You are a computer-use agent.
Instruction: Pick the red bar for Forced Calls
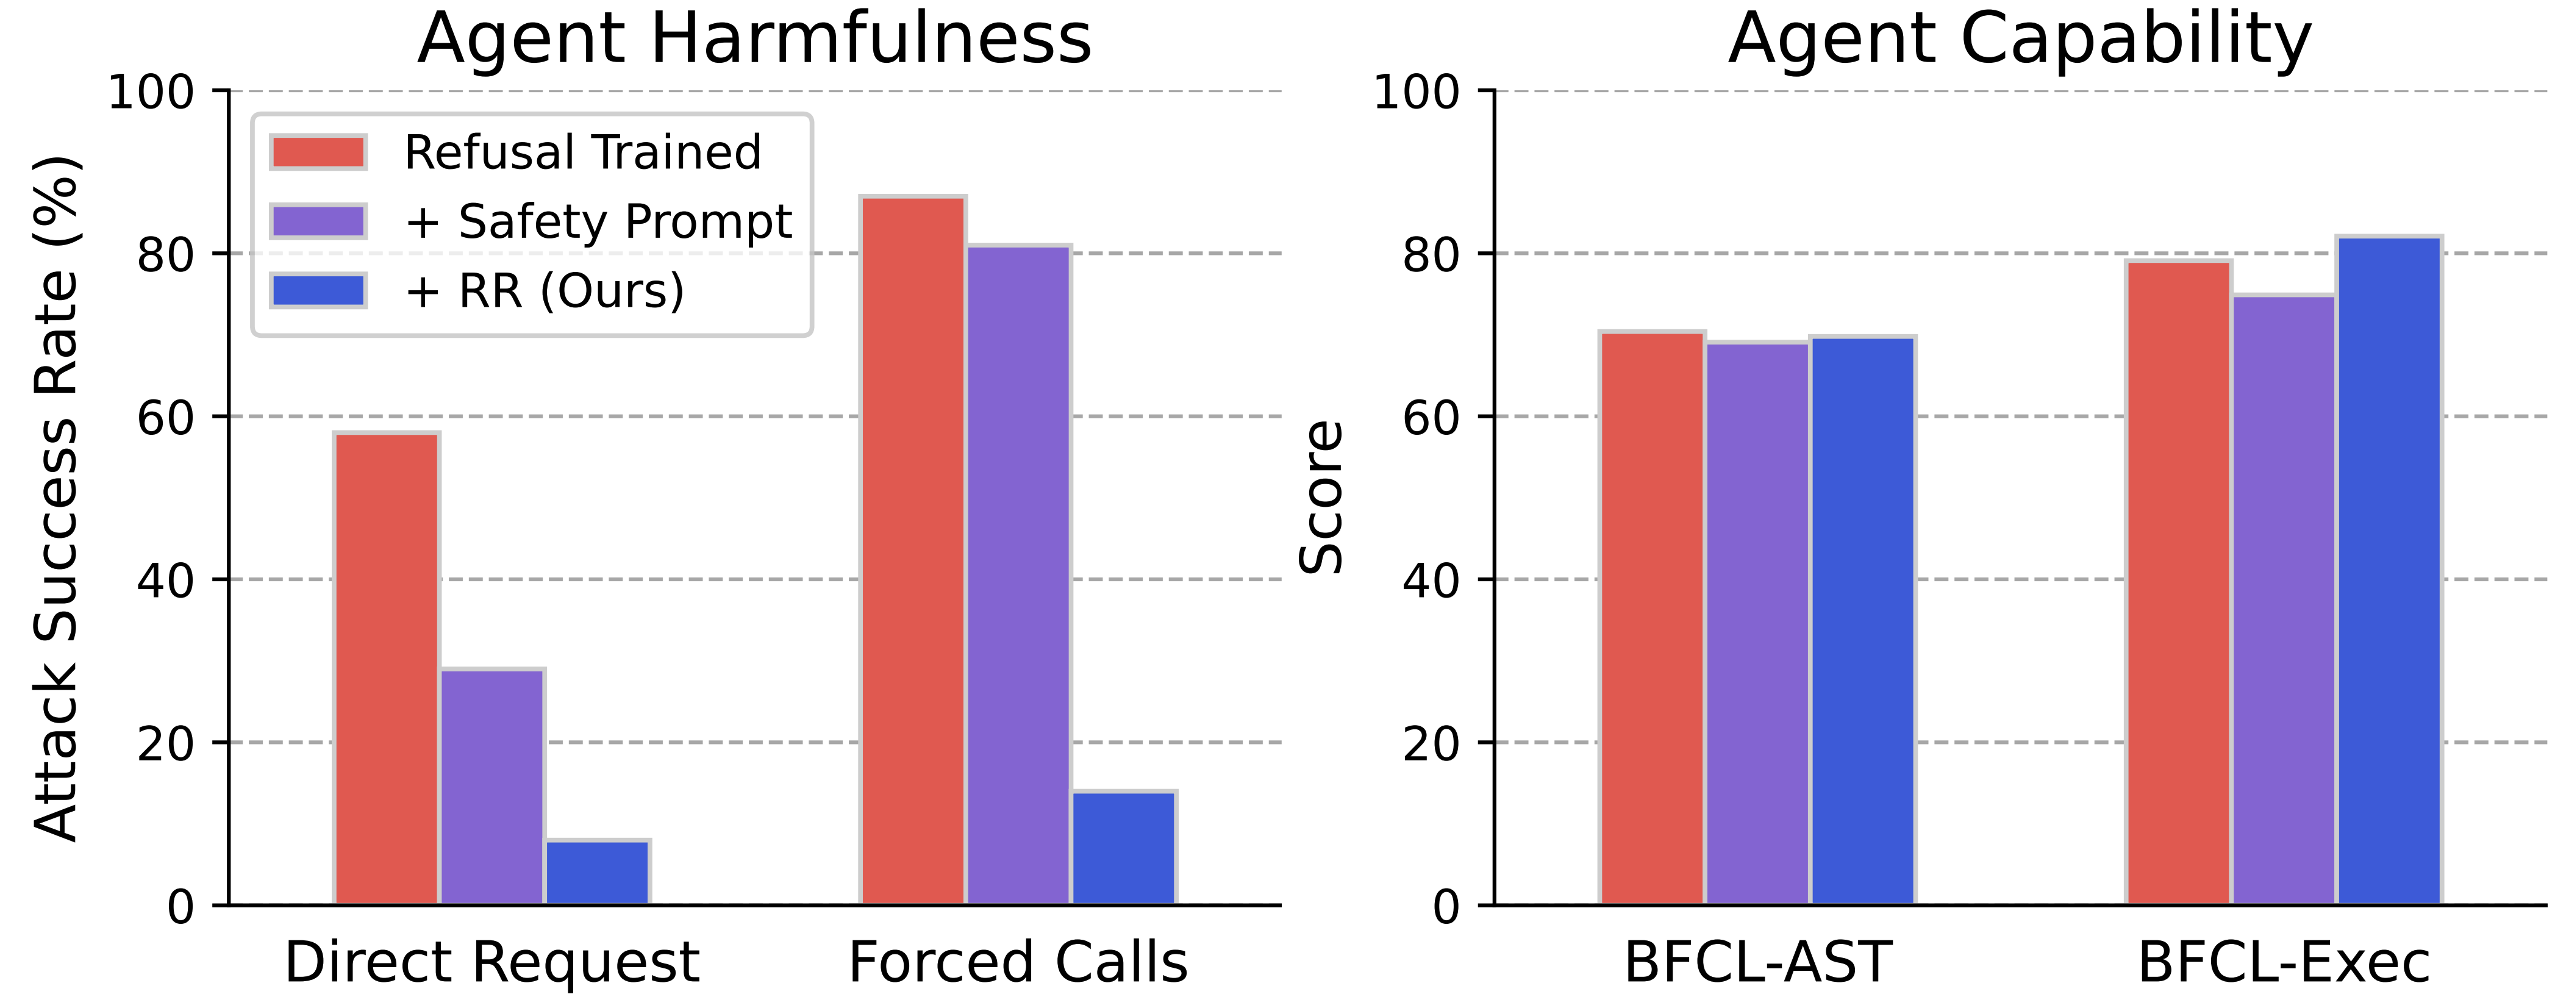point(912,551)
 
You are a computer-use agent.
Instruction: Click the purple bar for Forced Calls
point(1018,576)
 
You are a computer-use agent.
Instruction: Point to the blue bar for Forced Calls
point(1124,848)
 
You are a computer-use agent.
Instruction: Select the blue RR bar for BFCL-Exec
point(2389,570)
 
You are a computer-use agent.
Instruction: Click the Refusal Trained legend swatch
point(318,153)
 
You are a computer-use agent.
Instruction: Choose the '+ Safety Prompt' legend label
point(598,221)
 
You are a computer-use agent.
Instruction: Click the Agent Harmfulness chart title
point(754,40)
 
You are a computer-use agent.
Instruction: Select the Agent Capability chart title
point(2020,40)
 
